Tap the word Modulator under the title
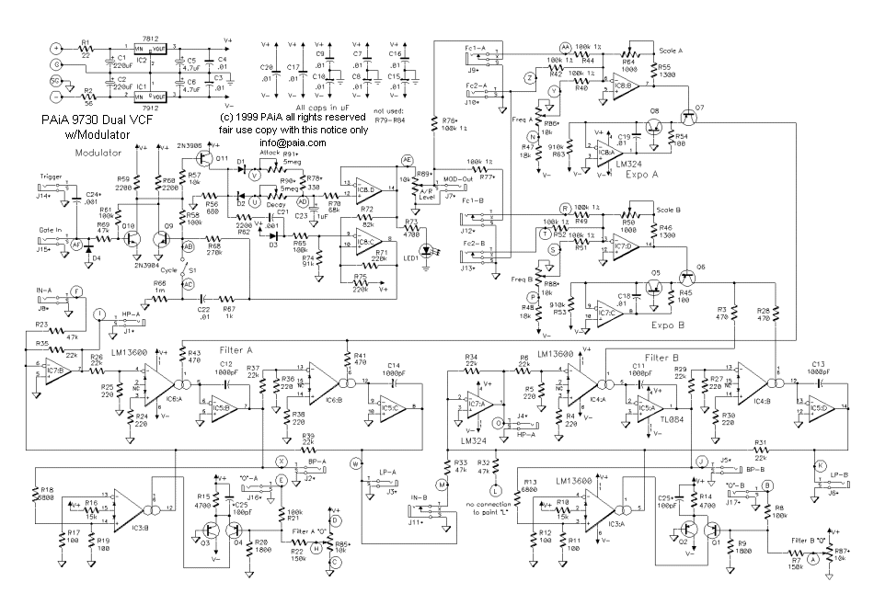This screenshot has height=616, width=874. (x=98, y=152)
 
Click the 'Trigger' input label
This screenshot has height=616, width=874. (x=52, y=176)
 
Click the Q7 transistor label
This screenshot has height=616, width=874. (x=700, y=108)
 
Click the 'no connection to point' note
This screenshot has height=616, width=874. (x=496, y=508)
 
